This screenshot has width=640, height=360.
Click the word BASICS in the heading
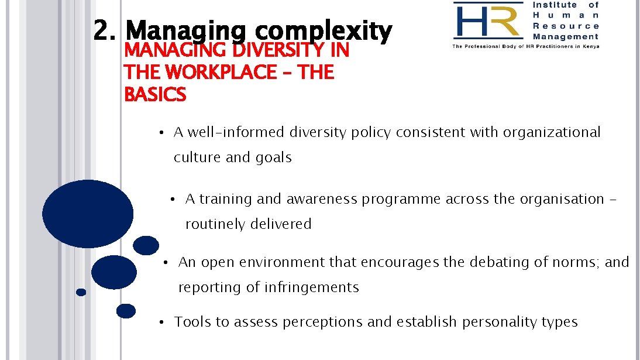click(x=155, y=94)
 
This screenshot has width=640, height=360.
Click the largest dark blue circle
click(x=88, y=214)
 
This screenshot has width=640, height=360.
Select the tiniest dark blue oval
click(x=81, y=292)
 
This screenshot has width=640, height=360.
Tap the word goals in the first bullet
click(x=273, y=157)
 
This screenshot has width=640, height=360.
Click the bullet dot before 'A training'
click(x=173, y=200)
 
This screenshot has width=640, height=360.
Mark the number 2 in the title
click(x=104, y=31)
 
